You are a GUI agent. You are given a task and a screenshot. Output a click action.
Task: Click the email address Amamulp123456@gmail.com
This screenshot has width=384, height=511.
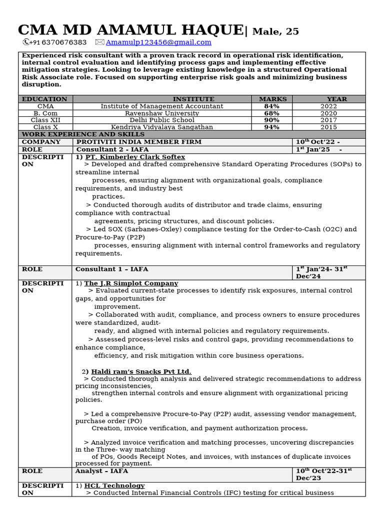point(158,42)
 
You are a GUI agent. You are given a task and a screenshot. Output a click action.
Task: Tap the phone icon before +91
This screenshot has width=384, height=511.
point(26,42)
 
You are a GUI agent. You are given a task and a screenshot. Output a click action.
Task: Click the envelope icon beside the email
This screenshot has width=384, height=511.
point(99,42)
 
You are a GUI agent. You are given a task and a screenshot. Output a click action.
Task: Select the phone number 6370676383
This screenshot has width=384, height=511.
point(64,42)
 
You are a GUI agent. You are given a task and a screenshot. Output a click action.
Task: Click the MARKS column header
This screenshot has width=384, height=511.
point(272,99)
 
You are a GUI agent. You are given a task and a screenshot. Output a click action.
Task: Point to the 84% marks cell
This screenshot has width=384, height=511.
point(272,106)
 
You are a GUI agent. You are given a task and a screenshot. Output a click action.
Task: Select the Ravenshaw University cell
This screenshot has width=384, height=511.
point(162,113)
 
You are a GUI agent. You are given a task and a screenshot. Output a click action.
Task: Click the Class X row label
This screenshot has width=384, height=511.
point(45,127)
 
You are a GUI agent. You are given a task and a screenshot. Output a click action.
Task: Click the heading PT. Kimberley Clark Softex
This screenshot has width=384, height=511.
point(135,157)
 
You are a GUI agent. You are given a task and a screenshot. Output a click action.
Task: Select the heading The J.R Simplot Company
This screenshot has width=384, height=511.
point(131,283)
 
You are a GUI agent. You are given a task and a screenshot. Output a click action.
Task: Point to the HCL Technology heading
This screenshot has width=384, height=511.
point(114,486)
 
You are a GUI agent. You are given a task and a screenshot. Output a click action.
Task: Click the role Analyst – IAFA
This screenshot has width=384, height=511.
point(101,471)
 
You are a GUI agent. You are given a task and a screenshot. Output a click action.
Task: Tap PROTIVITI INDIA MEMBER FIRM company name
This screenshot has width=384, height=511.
point(139,142)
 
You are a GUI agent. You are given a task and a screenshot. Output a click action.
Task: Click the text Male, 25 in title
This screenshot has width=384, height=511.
point(275,32)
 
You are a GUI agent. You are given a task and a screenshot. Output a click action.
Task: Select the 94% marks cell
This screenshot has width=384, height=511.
point(272,127)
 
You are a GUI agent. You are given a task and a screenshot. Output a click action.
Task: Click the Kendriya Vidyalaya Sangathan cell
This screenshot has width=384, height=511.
point(162,127)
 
